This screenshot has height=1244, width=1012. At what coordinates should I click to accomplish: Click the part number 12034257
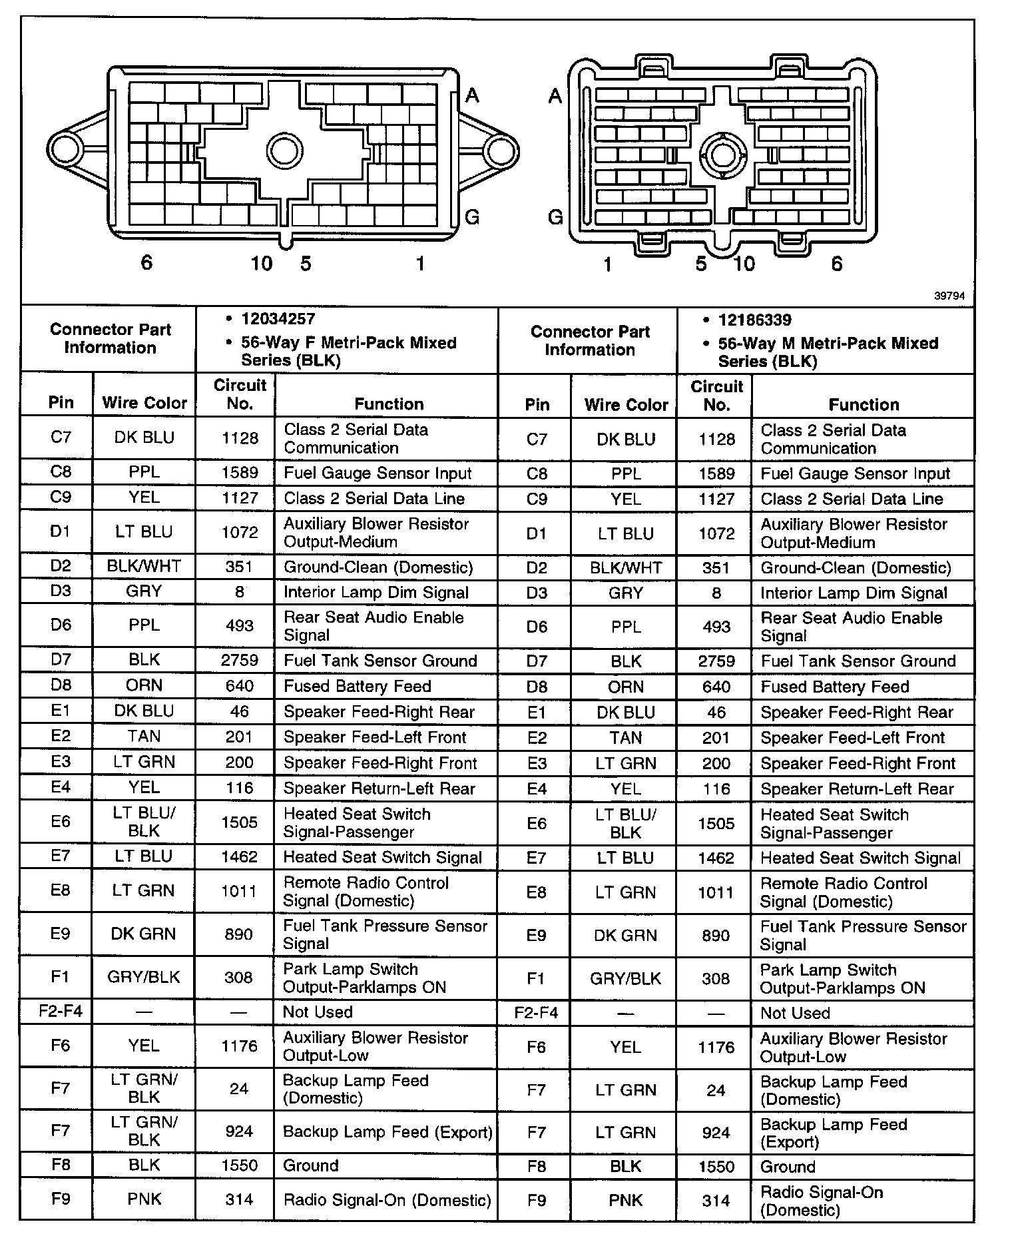278,319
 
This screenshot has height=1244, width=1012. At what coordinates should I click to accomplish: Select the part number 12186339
754,320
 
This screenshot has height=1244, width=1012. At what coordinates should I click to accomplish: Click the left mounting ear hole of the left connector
65,149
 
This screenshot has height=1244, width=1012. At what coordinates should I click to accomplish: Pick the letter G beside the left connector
472,218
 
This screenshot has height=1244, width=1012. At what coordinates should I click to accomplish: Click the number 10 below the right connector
744,264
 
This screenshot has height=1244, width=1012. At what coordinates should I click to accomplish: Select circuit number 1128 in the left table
240,438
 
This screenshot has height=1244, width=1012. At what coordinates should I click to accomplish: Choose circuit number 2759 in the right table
716,661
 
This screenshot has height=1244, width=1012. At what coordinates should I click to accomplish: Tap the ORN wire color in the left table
144,686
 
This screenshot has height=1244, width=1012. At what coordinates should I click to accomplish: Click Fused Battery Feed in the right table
834,687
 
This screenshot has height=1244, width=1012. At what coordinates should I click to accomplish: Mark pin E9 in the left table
60,934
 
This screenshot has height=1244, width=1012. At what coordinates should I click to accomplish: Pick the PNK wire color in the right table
626,1200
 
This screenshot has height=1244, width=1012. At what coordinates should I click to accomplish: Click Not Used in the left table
318,1012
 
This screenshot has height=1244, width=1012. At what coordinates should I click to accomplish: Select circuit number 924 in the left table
239,1131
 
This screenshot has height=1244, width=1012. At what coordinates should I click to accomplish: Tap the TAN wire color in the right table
626,738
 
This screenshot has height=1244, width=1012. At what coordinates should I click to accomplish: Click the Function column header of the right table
864,404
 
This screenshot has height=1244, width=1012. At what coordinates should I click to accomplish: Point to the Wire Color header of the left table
144,403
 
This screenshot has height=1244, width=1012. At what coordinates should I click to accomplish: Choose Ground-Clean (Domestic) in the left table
378,567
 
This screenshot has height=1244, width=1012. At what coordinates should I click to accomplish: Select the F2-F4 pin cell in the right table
536,1014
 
